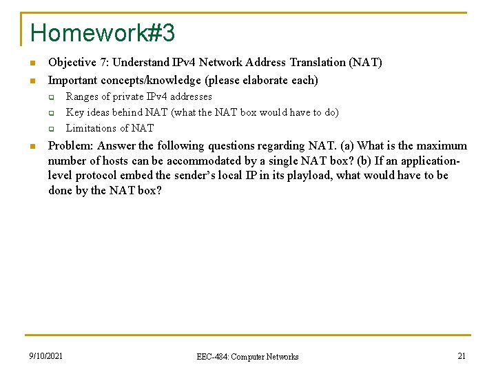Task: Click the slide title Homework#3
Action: click(x=103, y=32)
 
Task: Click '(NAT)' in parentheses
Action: click(x=366, y=62)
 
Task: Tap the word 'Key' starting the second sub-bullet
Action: click(x=74, y=112)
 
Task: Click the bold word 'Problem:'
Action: click(x=71, y=145)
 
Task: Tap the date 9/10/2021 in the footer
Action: click(x=46, y=356)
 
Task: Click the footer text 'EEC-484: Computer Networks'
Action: click(x=247, y=357)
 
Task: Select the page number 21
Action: click(x=462, y=356)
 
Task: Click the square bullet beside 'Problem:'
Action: click(x=32, y=146)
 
